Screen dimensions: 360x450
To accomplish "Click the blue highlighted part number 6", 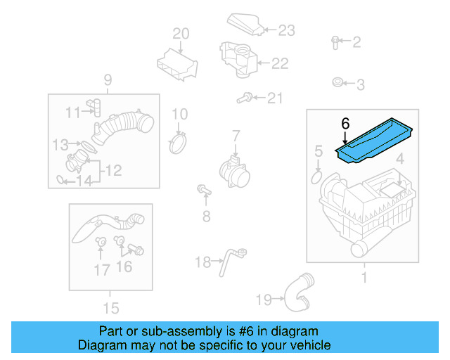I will (x=377, y=143).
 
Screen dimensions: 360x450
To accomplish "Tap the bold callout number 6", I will (x=345, y=123).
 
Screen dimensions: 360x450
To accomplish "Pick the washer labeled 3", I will (x=337, y=84).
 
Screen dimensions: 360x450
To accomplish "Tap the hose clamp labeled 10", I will (x=180, y=143).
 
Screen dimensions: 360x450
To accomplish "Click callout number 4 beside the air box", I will (x=399, y=159).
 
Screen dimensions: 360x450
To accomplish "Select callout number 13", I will (x=60, y=145).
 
